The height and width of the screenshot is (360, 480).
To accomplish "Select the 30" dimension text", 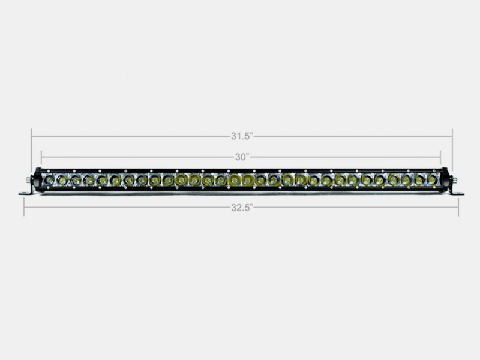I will (242, 157).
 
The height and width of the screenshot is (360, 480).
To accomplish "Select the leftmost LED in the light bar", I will (48, 179).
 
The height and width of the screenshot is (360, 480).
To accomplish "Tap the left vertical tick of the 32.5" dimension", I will (24, 207).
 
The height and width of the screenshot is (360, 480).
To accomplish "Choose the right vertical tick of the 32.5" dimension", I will (458, 207).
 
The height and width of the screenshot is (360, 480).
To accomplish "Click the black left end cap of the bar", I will (37, 179).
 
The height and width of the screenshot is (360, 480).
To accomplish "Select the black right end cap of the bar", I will (445, 179).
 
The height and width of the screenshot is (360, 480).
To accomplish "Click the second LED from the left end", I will (61, 179).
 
